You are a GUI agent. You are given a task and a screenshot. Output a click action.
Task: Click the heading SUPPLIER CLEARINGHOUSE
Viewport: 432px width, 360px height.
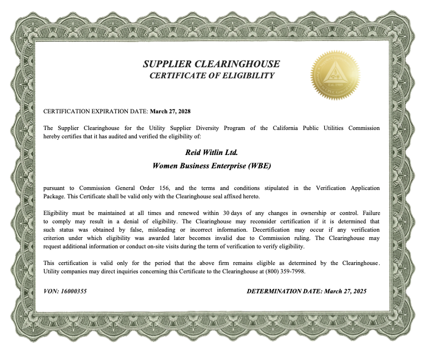click(x=211, y=64)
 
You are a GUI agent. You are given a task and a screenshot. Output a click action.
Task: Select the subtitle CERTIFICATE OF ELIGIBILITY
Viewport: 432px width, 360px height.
click(x=212, y=76)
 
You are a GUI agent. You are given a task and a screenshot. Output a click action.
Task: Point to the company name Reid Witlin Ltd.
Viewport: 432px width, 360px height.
click(x=211, y=151)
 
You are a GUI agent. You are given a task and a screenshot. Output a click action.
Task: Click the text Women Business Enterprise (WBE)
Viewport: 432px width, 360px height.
click(x=211, y=166)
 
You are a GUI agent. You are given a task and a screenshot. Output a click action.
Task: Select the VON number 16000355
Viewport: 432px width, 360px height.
click(x=74, y=291)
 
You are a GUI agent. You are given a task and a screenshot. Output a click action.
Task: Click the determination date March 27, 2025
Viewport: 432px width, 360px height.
click(x=345, y=291)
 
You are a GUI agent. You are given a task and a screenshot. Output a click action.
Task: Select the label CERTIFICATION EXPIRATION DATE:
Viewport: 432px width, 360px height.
click(x=96, y=111)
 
